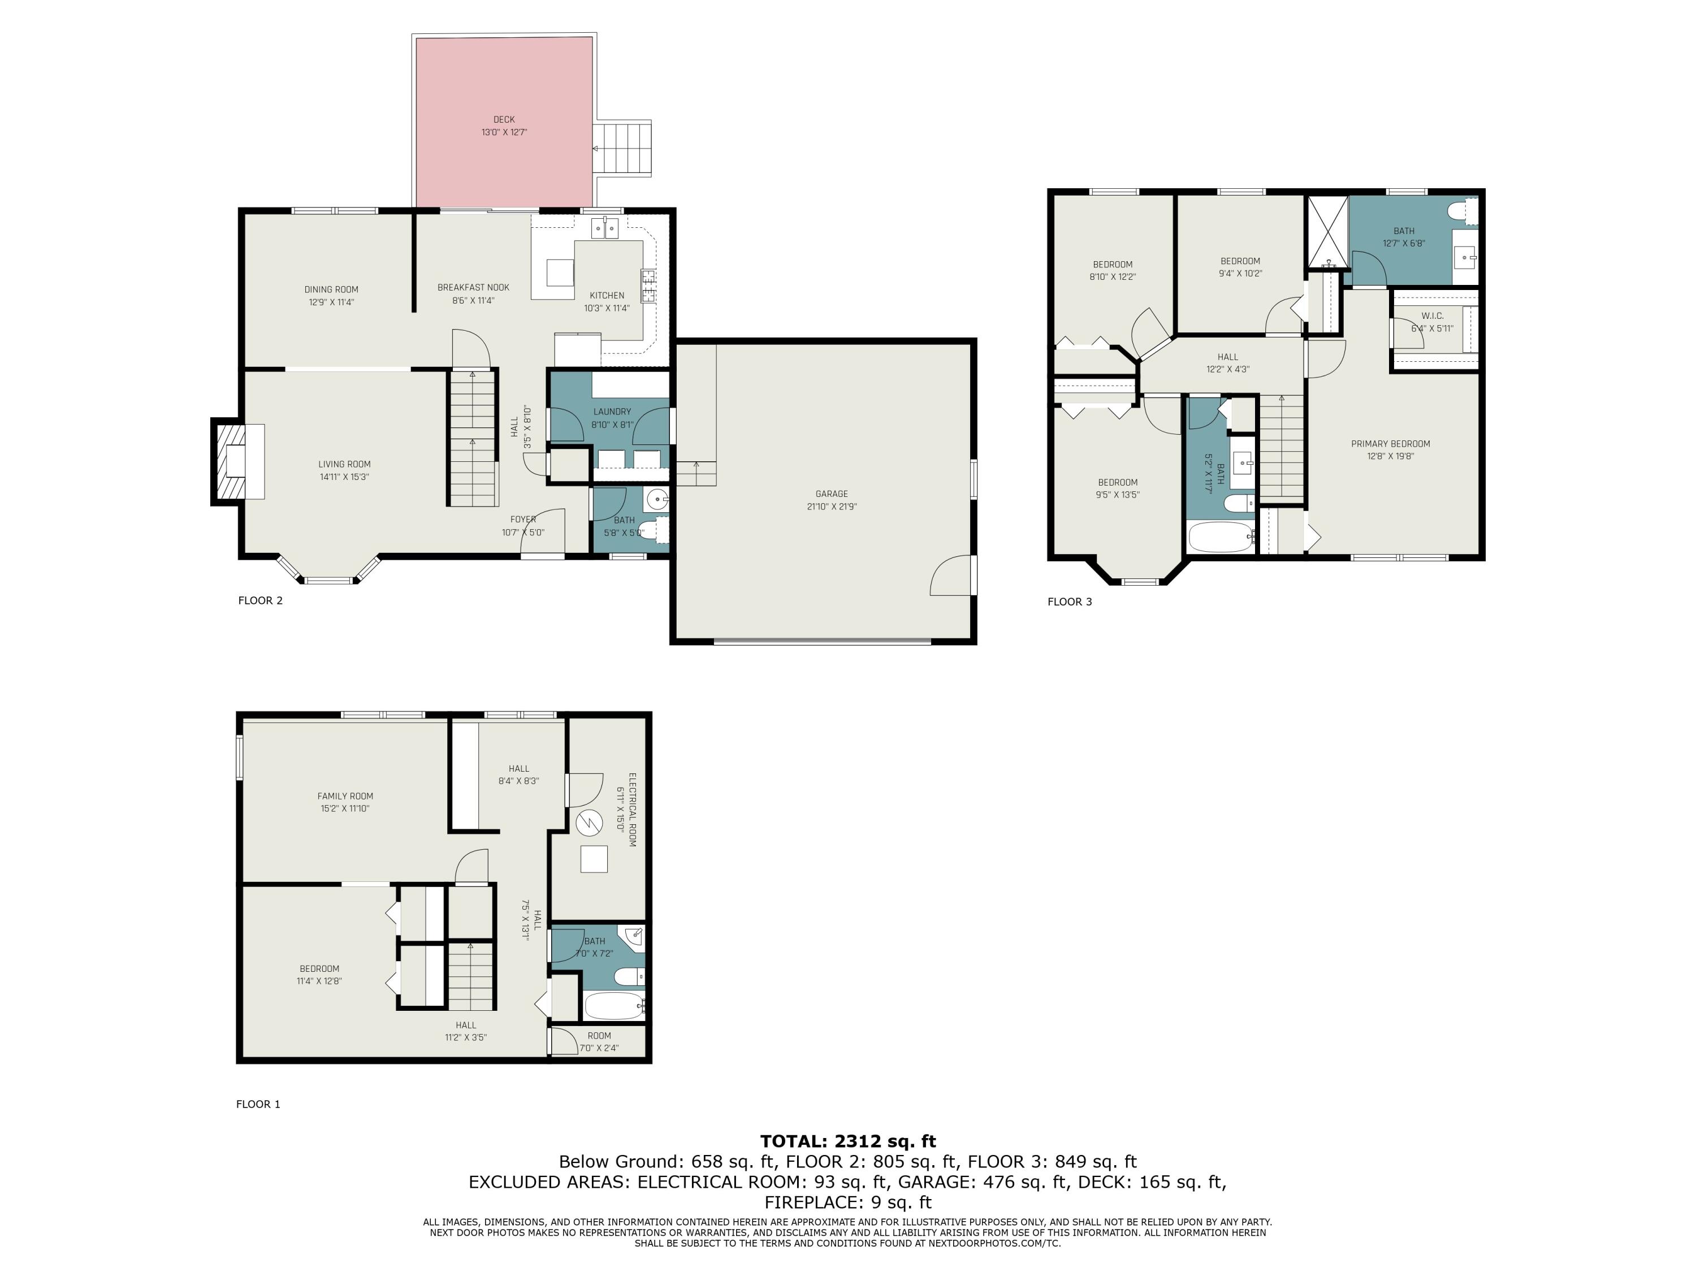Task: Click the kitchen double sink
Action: pos(605,228)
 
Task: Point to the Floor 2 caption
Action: pos(261,600)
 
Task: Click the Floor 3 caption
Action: pos(1070,602)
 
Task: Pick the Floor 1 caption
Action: pos(258,1104)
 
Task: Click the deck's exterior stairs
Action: pos(622,148)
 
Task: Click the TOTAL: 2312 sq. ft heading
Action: pos(848,1141)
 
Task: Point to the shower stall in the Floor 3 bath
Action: pos(1327,232)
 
